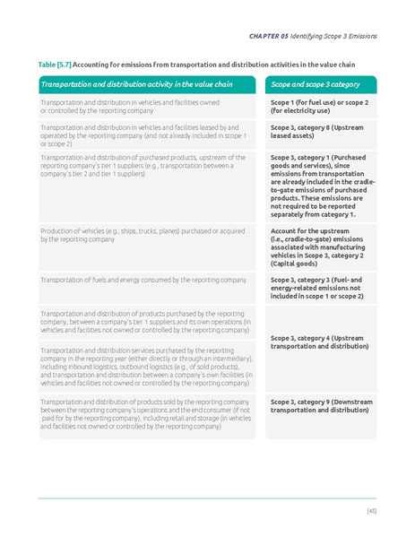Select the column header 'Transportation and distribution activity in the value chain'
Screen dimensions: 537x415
(136, 84)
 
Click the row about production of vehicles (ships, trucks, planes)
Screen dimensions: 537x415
(139, 236)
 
